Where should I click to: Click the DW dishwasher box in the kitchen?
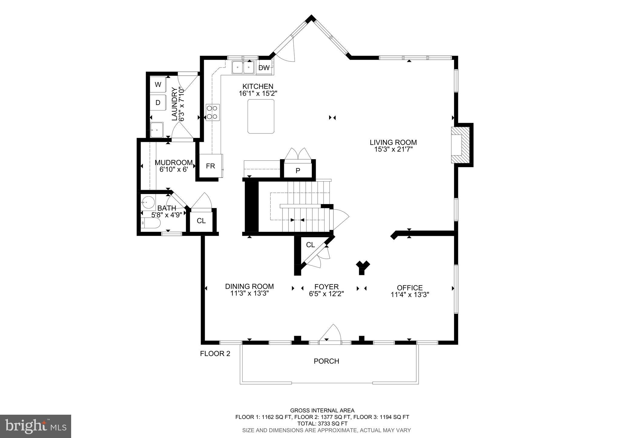coord(264,68)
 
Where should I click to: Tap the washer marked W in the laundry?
coord(158,84)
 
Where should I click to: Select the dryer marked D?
coord(158,103)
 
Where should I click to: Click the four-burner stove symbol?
coord(213,112)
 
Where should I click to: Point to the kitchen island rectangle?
coord(261,116)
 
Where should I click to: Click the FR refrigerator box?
coord(210,166)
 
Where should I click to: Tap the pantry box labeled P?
coord(298,171)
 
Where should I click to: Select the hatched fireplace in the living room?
coord(461,145)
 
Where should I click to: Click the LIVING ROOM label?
coord(393,142)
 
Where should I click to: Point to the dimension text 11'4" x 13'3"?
coord(410,295)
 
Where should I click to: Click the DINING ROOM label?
coord(249,286)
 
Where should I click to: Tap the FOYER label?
coord(326,287)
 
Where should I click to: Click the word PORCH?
coord(326,361)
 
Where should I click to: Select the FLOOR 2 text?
coord(215,354)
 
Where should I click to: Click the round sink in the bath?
coord(148,202)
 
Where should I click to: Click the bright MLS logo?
coord(35,426)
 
